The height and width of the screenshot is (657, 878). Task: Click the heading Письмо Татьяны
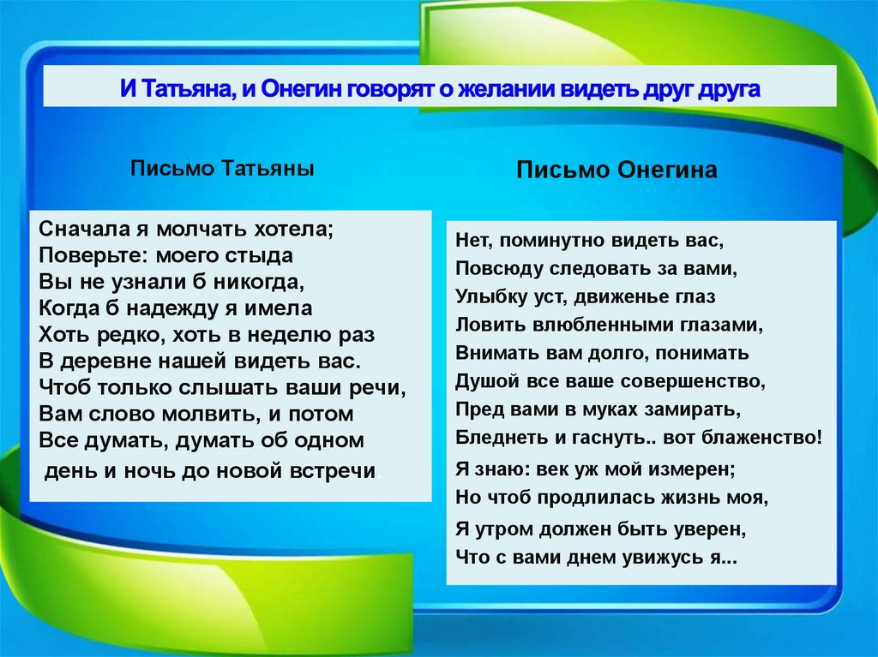(x=222, y=169)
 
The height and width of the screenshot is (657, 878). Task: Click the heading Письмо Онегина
(x=616, y=170)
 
